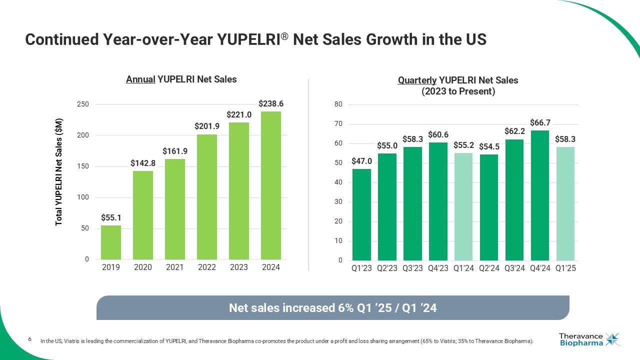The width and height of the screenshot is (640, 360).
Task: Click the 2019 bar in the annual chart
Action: click(111, 242)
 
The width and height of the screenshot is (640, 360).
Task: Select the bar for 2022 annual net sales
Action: click(207, 197)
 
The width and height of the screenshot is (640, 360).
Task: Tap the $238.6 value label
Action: click(271, 103)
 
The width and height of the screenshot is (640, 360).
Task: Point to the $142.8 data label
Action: click(143, 163)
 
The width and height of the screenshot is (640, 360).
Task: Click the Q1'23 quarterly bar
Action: click(361, 214)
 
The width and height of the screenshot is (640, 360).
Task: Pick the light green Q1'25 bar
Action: click(565, 203)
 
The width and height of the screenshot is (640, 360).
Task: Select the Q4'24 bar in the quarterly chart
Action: click(539, 195)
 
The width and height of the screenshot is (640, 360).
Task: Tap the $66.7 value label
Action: click(539, 122)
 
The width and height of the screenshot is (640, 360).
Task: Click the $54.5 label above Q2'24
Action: click(488, 146)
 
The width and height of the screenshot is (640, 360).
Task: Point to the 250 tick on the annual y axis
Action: click(83, 104)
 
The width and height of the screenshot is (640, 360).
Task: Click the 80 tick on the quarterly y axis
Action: click(338, 104)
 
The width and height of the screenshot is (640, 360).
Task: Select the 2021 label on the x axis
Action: click(175, 267)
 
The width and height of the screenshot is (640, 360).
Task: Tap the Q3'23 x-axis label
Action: click(412, 268)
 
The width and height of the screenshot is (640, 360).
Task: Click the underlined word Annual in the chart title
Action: click(140, 79)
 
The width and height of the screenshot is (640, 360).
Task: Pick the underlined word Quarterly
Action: click(417, 80)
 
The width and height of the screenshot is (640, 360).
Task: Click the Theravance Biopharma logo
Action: click(589, 339)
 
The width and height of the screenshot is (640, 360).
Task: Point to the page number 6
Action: click(29, 340)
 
